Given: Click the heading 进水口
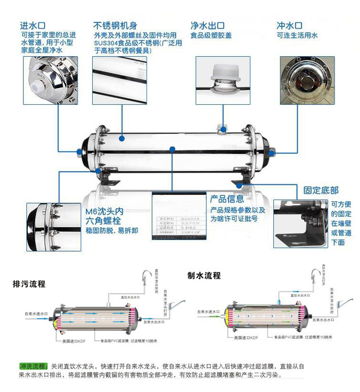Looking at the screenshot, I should (x=33, y=25).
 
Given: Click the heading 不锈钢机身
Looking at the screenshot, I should (x=115, y=25).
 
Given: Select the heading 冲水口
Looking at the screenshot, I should (x=290, y=25).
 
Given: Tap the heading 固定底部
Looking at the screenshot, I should (x=321, y=190).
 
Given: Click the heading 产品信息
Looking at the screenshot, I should (x=227, y=199).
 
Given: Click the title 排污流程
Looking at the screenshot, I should (x=29, y=284).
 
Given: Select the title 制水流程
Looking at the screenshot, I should (x=204, y=276).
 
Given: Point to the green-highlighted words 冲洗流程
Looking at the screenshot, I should (x=33, y=366).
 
